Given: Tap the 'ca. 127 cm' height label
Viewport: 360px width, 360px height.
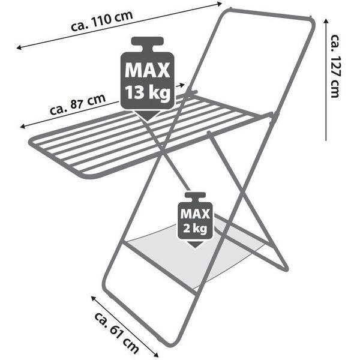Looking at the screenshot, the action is (335, 66).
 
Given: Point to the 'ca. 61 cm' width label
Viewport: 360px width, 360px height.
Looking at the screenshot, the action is (116, 332).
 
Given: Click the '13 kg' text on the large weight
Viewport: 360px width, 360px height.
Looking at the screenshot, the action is (148, 92).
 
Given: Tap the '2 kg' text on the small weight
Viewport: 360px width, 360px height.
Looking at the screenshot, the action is (195, 229).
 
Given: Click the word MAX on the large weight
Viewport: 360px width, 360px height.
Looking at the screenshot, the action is (148, 70).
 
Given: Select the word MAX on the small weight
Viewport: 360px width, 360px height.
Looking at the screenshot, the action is (195, 214).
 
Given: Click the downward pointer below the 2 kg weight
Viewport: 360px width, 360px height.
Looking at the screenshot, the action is (195, 244).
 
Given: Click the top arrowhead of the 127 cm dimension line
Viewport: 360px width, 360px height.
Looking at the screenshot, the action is (326, 21).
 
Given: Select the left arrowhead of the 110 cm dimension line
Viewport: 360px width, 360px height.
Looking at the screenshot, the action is (19, 48).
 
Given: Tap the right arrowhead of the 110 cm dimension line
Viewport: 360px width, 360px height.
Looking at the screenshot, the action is (220, 4).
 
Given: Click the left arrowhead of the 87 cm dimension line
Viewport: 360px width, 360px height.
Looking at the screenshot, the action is (23, 127).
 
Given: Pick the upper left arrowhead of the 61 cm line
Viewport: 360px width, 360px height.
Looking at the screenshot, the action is (94, 298).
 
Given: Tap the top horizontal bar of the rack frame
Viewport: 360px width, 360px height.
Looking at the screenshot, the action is (271, 13).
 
